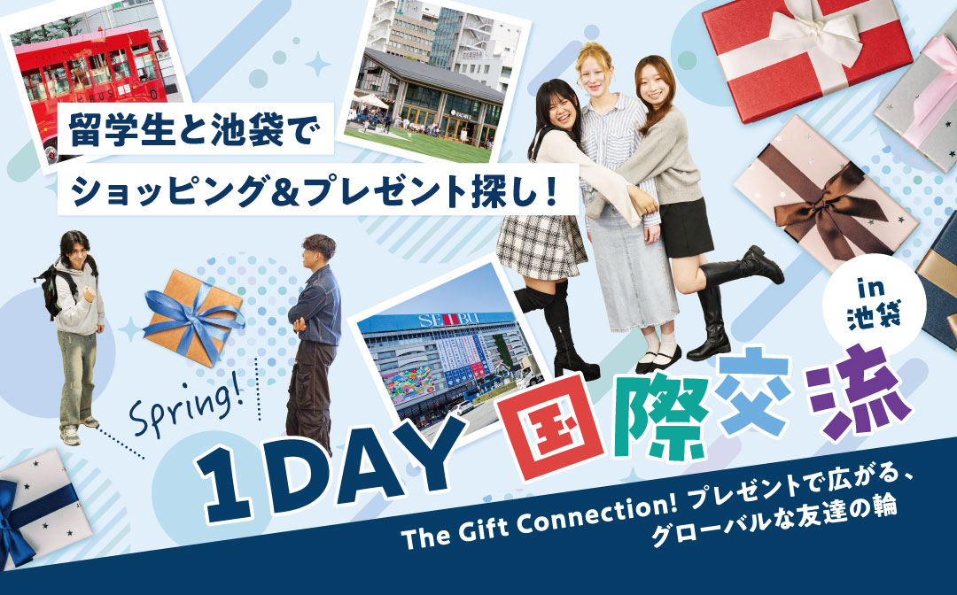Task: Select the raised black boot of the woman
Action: coord(744,267)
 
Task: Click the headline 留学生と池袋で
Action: coord(195,129)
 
